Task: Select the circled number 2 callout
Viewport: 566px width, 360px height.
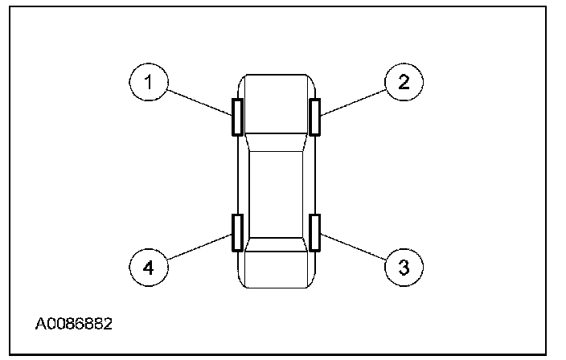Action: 404,81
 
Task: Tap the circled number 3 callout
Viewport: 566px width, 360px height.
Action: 404,265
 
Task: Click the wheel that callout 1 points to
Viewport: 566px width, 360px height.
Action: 237,117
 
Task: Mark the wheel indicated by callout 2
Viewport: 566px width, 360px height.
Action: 315,117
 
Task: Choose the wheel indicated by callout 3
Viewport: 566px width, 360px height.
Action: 315,233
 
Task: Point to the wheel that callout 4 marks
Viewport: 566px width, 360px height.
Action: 237,233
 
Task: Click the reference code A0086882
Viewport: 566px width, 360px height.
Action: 73,325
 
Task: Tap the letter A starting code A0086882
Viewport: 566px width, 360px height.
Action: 40,325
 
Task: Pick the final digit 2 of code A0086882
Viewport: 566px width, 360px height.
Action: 108,325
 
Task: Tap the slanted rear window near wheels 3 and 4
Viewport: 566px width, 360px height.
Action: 276,242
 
